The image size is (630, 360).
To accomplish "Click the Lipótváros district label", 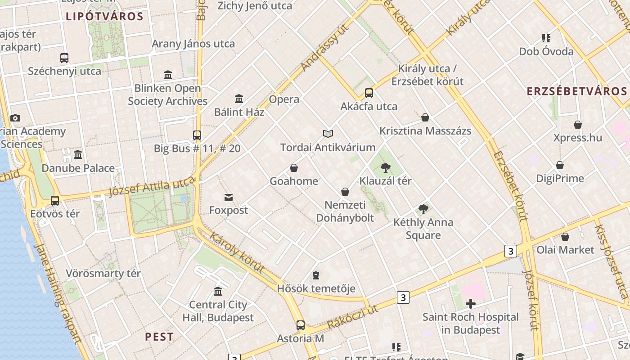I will tap(104, 17).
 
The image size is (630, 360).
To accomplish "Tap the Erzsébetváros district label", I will tap(577, 91).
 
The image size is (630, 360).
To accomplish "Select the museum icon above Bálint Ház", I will tap(239, 99).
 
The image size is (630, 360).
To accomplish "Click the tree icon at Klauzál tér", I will tap(385, 168).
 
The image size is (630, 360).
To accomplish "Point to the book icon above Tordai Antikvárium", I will tap(328, 134).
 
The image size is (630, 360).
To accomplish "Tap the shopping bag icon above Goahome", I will tap(294, 168).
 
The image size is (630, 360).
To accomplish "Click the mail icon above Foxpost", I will tap(229, 197).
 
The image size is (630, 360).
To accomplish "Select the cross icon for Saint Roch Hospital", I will tap(471, 304).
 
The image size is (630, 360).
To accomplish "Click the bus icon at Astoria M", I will tap(300, 325).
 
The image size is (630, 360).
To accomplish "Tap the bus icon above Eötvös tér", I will tap(55, 200).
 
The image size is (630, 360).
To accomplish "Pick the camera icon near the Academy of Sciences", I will tap(15, 118).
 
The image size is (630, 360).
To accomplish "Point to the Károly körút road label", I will tap(237, 253).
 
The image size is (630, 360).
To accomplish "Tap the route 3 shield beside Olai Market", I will tap(510, 251).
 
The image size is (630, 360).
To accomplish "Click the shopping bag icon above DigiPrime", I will tap(560, 165).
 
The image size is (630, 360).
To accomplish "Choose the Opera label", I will tap(284, 99).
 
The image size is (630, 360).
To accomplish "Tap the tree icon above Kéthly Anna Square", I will tap(423, 209).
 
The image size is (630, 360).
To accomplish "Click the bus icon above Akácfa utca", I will tap(369, 93).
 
